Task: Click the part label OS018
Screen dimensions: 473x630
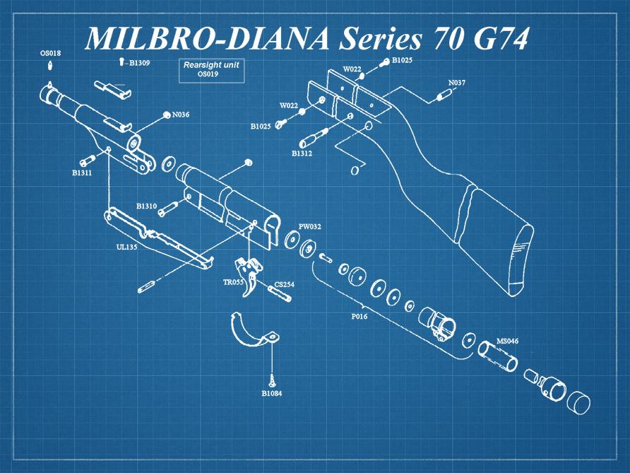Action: coord(50,53)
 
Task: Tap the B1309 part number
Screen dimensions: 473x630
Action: coord(139,63)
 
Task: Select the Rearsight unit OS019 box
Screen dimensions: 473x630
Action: coord(211,69)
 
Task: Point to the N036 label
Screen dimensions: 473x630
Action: coord(180,115)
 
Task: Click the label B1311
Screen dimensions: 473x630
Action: coord(82,172)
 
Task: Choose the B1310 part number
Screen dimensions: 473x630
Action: coord(146,206)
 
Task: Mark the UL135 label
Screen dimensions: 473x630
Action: coord(126,247)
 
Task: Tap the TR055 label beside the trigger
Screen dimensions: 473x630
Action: coord(233,281)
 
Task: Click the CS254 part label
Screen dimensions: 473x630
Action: coord(284,284)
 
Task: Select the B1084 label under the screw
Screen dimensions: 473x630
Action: coord(272,393)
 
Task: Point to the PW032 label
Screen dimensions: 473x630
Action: coord(309,227)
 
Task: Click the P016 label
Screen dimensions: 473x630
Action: coord(359,316)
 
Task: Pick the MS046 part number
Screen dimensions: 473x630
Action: coord(507,341)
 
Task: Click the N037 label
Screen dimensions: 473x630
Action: coord(457,83)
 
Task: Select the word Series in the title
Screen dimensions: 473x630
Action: coord(381,39)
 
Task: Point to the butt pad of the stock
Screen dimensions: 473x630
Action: coord(520,258)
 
